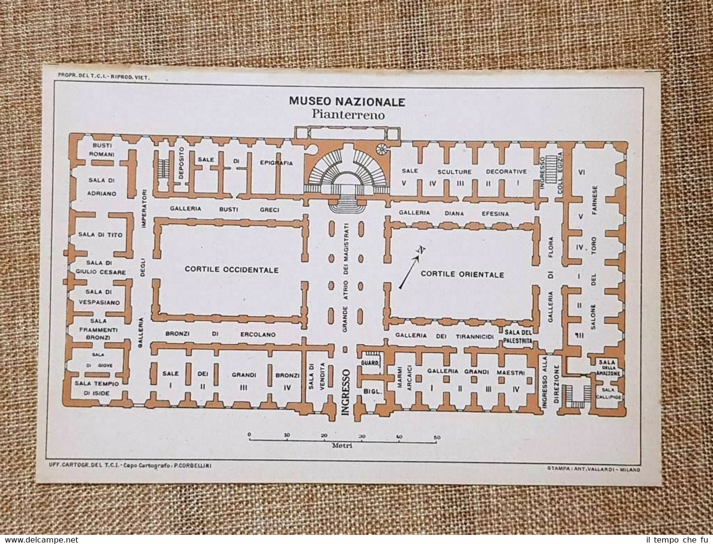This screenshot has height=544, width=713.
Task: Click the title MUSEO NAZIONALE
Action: (346, 102)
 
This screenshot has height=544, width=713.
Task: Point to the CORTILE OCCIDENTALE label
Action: (231, 270)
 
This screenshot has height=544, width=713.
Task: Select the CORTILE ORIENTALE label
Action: (462, 274)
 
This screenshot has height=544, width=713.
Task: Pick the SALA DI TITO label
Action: (100, 235)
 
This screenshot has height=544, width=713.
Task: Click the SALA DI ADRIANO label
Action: (102, 186)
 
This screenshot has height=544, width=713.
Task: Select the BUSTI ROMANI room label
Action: (101, 150)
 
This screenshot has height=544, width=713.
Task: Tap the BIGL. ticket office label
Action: (372, 392)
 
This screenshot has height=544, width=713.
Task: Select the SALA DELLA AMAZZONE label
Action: (609, 367)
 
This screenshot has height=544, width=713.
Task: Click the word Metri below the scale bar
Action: (343, 445)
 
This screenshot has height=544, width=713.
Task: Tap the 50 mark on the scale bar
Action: (436, 437)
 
